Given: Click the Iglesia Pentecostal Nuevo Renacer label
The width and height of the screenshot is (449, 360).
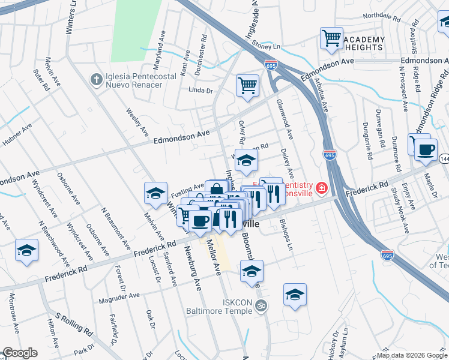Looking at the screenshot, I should [x=134, y=80].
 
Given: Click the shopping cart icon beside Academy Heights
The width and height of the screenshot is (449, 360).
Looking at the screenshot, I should [x=331, y=38].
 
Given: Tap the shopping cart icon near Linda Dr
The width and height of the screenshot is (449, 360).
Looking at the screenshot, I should [x=247, y=85].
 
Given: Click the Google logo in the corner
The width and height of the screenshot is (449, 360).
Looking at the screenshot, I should [x=21, y=353].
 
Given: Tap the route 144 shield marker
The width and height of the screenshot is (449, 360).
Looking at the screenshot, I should [x=444, y=158].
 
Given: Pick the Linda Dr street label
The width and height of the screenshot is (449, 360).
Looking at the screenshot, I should [x=201, y=91].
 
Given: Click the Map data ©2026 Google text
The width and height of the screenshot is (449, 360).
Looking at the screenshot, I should [x=412, y=355].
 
